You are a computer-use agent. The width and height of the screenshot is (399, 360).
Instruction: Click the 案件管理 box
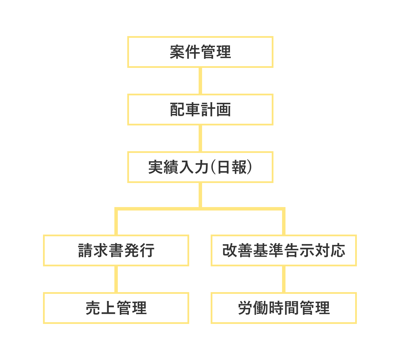point(200,52)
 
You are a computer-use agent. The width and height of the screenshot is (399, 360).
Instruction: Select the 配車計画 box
point(200,110)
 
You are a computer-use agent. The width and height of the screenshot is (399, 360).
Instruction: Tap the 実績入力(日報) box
point(200,167)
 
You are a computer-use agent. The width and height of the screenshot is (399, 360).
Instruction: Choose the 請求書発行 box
point(116,251)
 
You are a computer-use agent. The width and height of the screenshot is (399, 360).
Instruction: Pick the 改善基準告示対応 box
point(283,251)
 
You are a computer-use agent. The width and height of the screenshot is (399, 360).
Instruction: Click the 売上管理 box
point(116,308)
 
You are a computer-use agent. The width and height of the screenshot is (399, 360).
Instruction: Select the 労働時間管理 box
point(283,308)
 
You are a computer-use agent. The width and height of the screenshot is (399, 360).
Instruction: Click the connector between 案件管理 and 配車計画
point(200,81)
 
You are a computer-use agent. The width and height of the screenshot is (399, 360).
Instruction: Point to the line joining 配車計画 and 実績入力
point(200,138)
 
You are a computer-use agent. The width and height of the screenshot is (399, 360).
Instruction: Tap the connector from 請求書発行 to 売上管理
point(116,279)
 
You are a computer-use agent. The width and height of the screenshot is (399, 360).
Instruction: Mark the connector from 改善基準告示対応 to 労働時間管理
point(283,279)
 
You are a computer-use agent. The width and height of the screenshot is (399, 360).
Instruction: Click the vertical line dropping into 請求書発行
point(116,222)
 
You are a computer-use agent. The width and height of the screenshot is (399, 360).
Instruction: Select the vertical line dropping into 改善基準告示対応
point(283,222)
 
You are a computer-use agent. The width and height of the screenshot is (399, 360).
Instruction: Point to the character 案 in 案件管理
point(177,52)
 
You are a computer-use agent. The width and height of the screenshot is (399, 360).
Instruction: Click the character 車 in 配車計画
point(193,110)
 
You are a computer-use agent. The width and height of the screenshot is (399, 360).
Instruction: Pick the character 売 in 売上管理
point(93,308)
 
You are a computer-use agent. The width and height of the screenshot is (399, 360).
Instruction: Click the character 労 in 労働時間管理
point(246,308)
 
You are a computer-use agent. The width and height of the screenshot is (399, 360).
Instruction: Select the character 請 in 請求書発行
point(85,251)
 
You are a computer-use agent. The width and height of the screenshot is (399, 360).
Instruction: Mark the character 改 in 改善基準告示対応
point(230,251)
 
